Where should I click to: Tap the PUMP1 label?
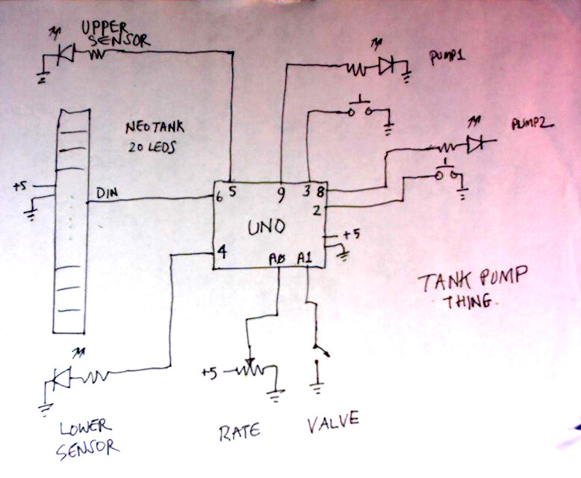click(447, 57)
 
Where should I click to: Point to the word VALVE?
click(332, 422)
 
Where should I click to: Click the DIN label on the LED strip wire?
click(105, 193)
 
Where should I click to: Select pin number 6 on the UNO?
click(220, 197)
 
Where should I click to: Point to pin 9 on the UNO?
click(279, 195)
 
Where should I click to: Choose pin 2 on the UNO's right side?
click(317, 211)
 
